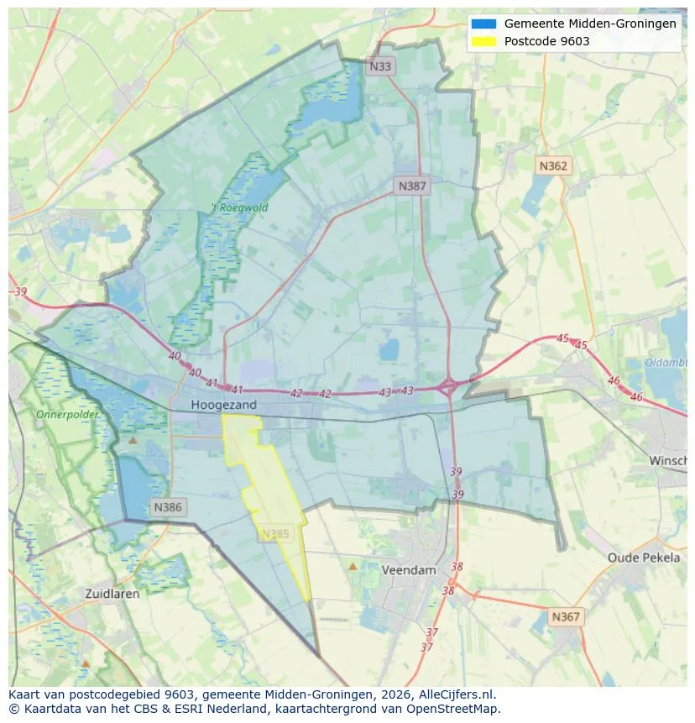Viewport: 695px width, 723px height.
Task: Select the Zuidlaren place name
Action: click(x=112, y=593)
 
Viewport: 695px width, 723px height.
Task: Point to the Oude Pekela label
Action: click(x=644, y=558)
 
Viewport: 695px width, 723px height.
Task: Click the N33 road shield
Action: click(x=381, y=65)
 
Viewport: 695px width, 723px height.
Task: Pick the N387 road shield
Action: click(x=412, y=186)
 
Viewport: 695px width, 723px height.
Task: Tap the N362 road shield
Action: click(x=553, y=165)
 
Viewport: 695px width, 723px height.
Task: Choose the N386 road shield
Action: click(x=168, y=507)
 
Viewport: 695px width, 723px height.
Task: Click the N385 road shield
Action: click(x=275, y=533)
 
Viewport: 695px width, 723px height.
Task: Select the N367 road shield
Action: click(x=566, y=616)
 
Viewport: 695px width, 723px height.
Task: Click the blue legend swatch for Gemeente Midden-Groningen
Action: click(x=484, y=24)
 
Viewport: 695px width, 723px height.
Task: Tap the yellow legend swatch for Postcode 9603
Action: click(x=484, y=41)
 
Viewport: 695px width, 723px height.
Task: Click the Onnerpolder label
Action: click(x=67, y=415)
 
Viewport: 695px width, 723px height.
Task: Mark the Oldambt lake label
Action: click(x=667, y=363)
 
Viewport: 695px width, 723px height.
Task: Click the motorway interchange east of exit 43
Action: click(x=448, y=387)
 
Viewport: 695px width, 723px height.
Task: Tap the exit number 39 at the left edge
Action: click(x=20, y=291)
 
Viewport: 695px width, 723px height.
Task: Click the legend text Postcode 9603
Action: click(x=546, y=41)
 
